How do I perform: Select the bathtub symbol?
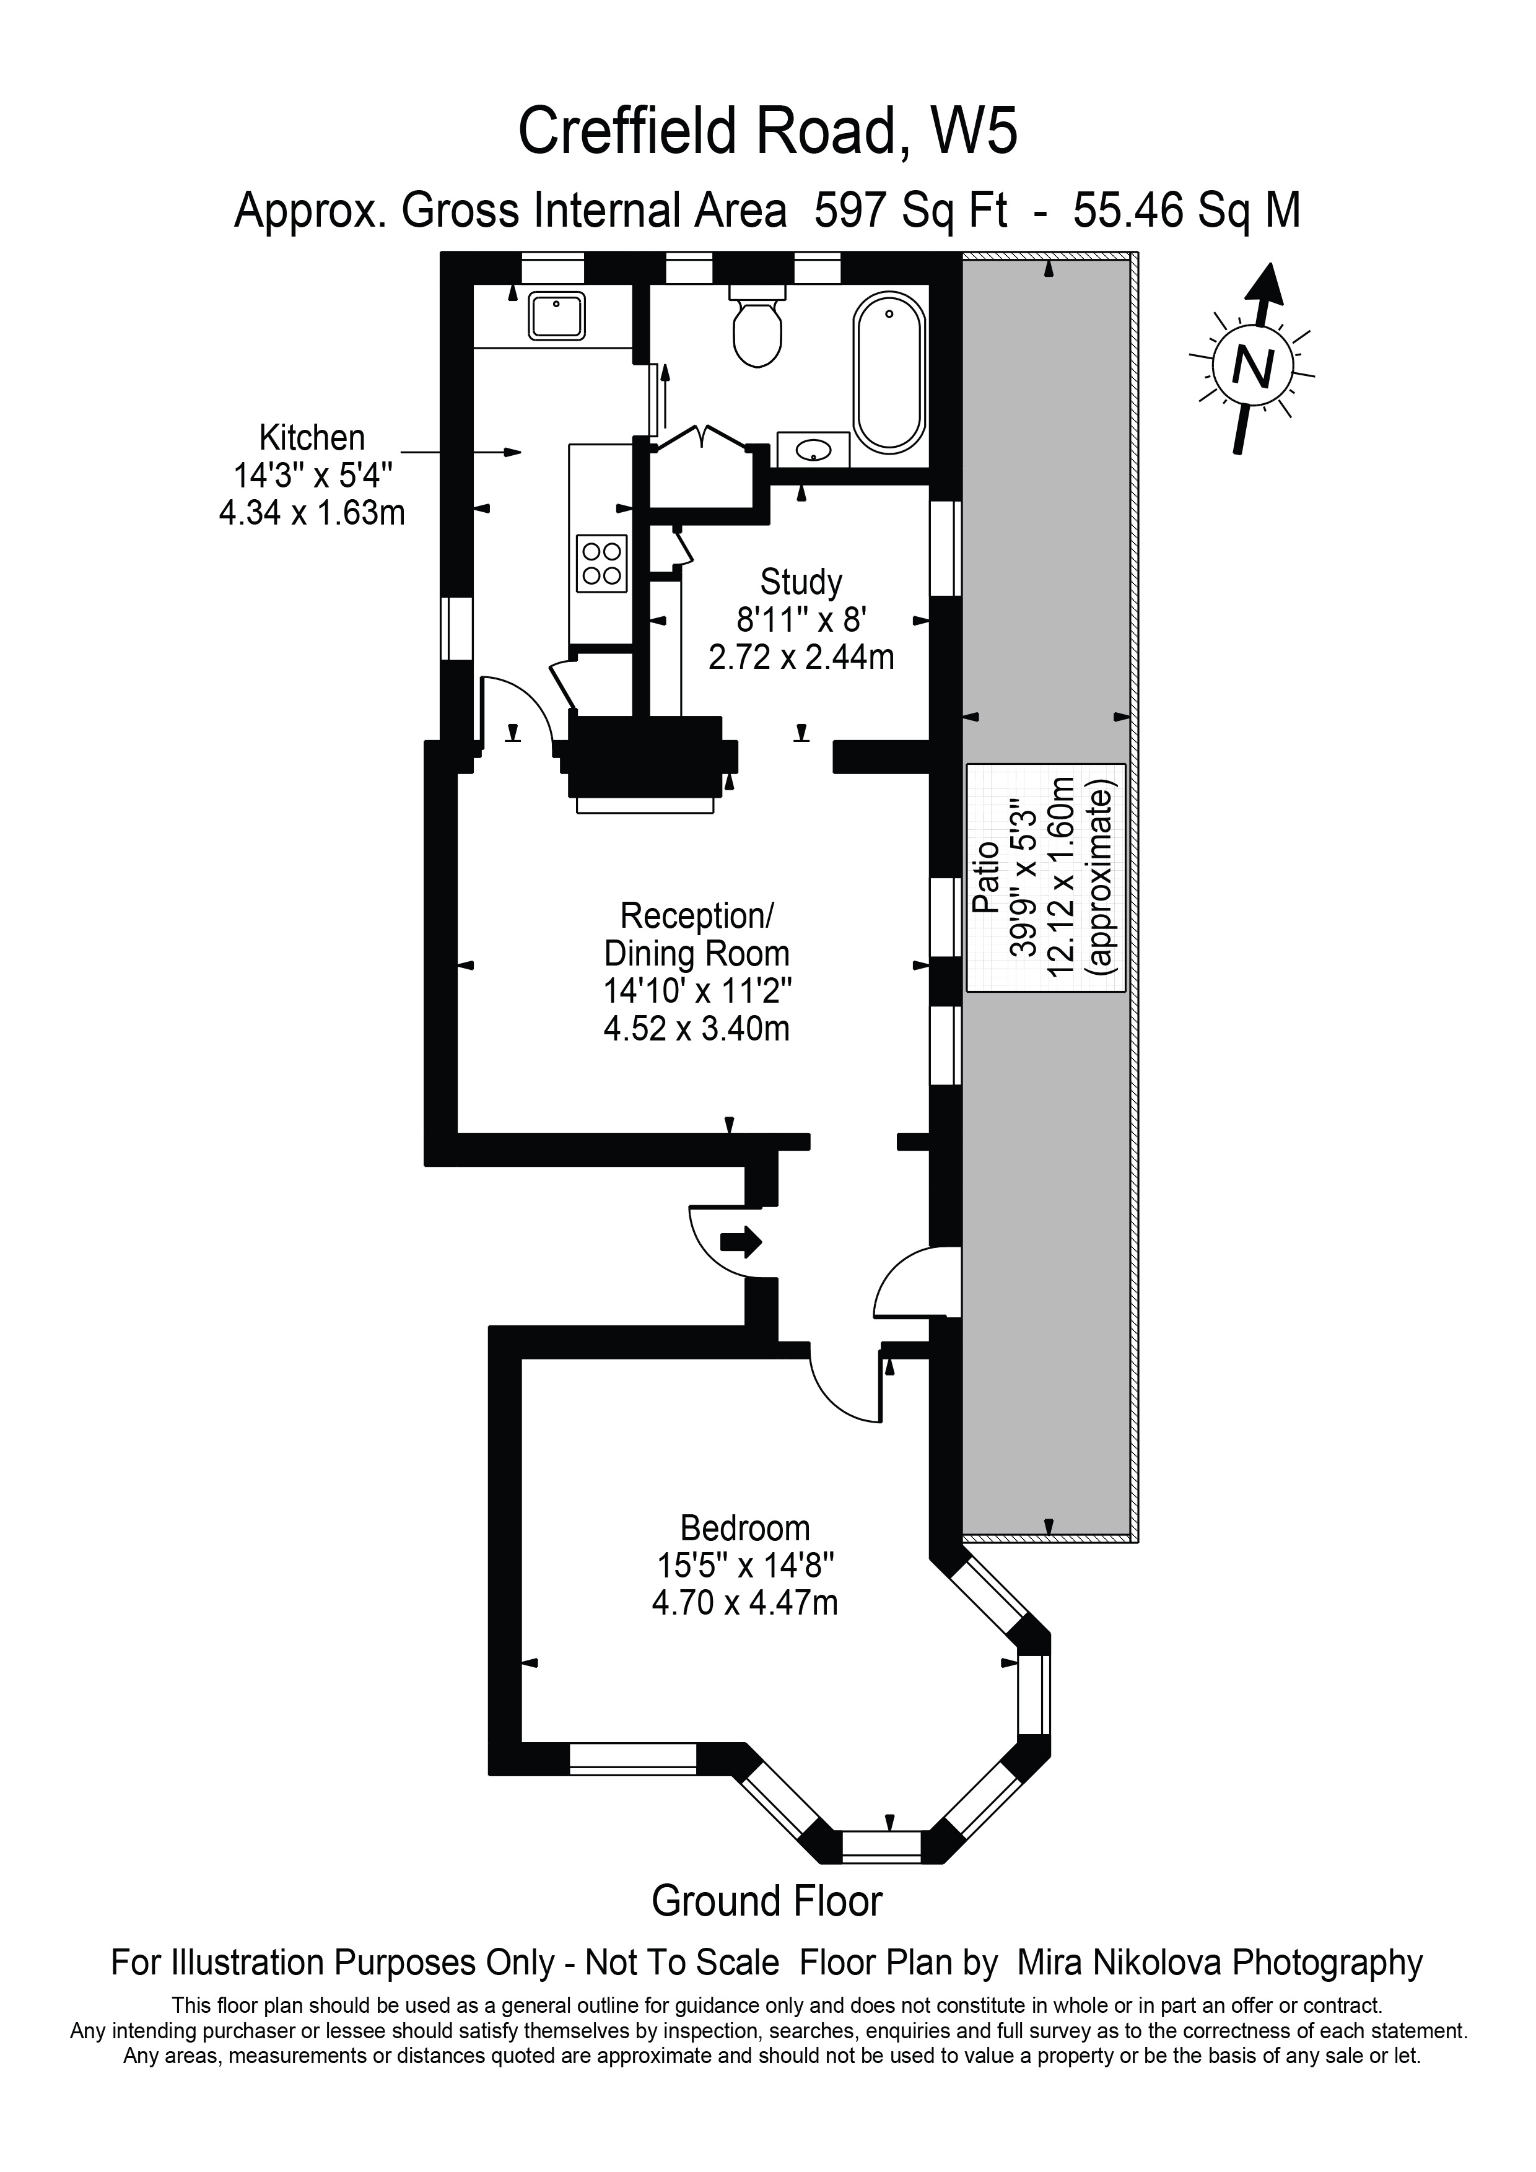[x=889, y=372]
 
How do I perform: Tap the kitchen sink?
[x=556, y=316]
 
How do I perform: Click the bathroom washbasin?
[x=813, y=450]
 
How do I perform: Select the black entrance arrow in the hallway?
[x=741, y=1242]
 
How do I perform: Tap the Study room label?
[x=801, y=582]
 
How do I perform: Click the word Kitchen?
[x=312, y=437]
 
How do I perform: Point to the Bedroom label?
[x=745, y=1528]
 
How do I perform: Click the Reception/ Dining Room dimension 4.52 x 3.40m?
[x=696, y=1028]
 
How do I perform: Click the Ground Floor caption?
[x=767, y=1901]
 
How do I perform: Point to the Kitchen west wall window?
[x=458, y=628]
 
